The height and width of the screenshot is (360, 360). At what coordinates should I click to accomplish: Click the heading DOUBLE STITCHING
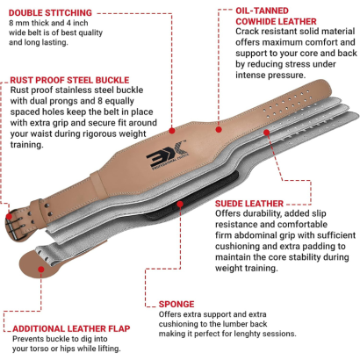click(50, 13)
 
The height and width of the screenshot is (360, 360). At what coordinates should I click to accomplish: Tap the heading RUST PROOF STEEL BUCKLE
click(69, 80)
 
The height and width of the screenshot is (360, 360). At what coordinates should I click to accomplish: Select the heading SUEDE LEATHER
click(249, 204)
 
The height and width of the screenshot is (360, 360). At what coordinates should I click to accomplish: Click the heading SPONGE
click(176, 304)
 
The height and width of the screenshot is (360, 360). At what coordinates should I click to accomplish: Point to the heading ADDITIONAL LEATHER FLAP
click(71, 328)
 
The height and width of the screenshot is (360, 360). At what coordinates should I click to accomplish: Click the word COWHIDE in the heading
click(256, 21)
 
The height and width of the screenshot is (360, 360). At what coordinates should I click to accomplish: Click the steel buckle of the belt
click(15, 223)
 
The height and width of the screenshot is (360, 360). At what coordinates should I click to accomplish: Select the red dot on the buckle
click(10, 217)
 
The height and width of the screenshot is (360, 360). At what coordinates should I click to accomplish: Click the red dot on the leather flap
click(41, 269)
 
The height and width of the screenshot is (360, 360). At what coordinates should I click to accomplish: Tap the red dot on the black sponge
click(180, 204)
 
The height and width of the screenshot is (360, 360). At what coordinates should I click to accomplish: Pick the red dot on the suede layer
click(266, 133)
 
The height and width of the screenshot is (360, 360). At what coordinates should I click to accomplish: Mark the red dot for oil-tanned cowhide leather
click(219, 129)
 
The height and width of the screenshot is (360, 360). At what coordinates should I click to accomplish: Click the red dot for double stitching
click(172, 131)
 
